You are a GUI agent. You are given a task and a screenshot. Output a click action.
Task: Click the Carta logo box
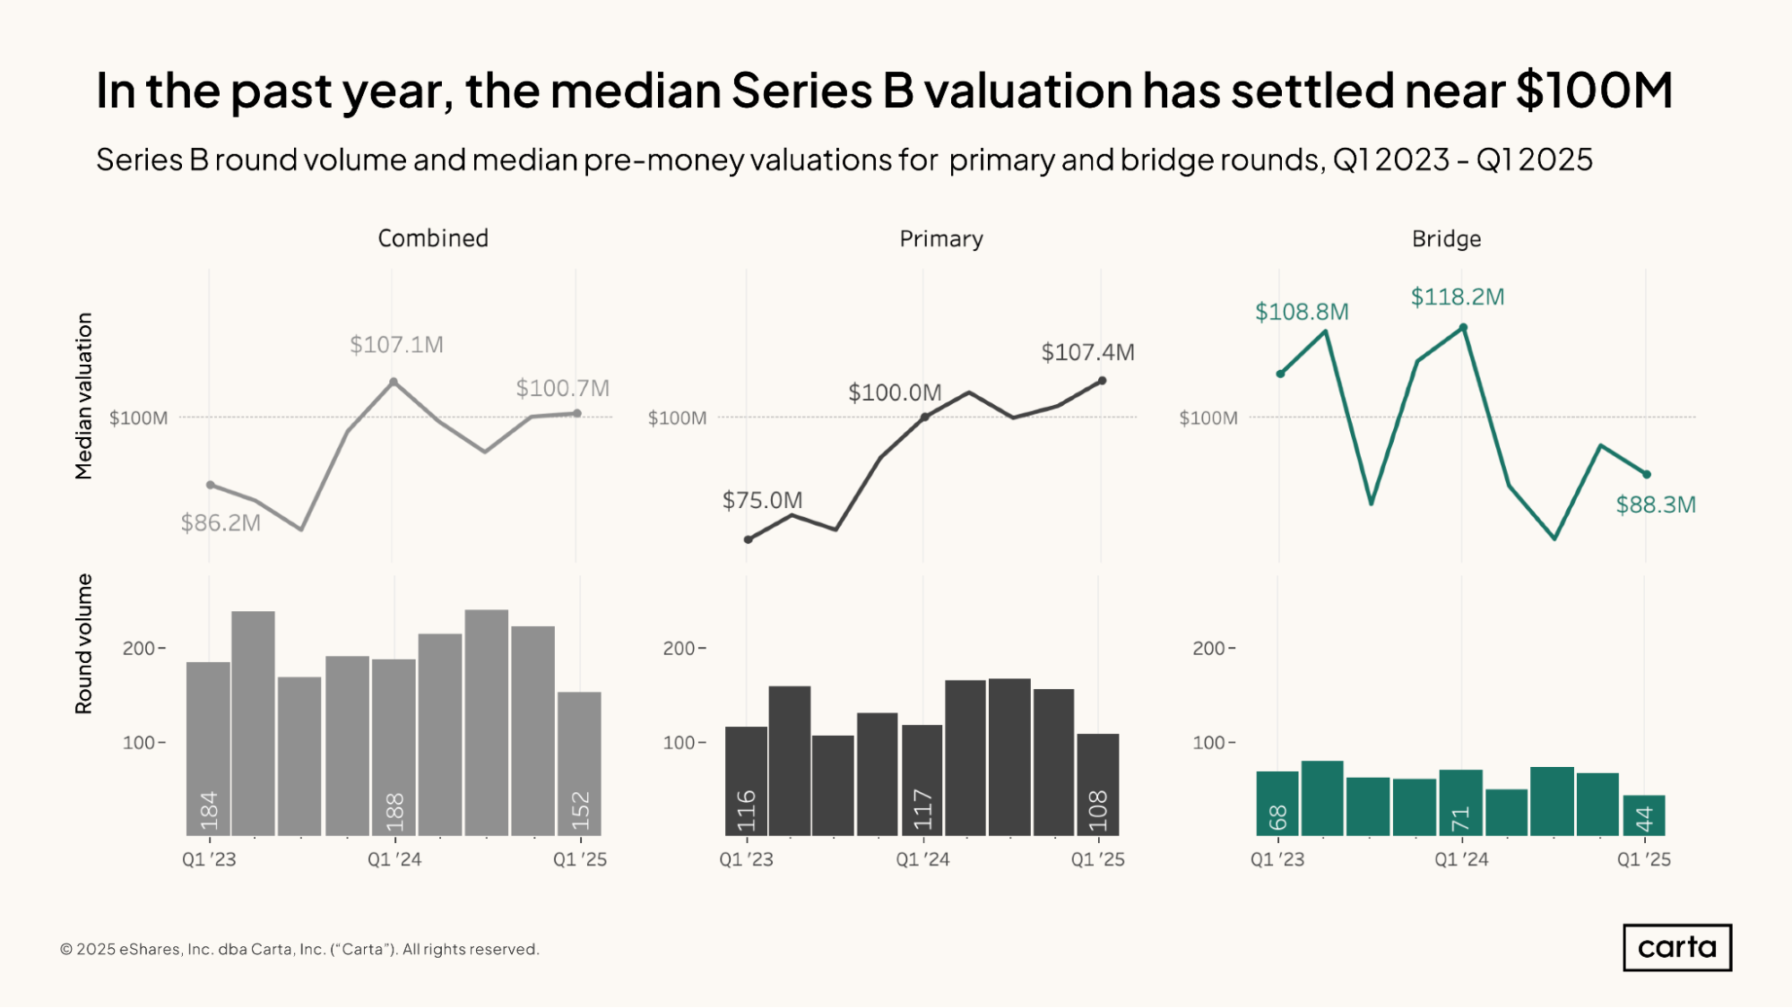pyautogui.click(x=1676, y=947)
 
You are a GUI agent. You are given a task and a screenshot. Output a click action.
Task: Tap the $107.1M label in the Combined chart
pyautogui.click(x=396, y=345)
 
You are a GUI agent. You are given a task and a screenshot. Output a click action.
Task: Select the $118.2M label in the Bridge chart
pyautogui.click(x=1457, y=297)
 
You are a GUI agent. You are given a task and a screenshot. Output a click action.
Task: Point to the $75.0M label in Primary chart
pyautogui.click(x=762, y=500)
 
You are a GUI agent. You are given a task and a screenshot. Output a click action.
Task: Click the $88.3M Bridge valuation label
pyautogui.click(x=1655, y=504)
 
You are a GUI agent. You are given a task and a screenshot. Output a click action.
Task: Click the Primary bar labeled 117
pyautogui.click(x=922, y=780)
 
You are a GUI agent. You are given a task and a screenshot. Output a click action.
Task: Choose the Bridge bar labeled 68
pyautogui.click(x=1277, y=804)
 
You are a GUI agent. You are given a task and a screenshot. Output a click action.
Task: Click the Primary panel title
pyautogui.click(x=941, y=238)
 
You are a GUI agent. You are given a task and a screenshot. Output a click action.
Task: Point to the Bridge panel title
pyautogui.click(x=1446, y=238)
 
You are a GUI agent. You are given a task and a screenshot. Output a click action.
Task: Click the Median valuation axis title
pyautogui.click(x=84, y=395)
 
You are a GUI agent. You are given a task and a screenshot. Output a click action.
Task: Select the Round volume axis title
pyautogui.click(x=84, y=643)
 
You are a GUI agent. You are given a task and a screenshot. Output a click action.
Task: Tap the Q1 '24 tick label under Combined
pyautogui.click(x=394, y=859)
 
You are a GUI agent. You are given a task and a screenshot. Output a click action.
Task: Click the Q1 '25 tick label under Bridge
pyautogui.click(x=1643, y=859)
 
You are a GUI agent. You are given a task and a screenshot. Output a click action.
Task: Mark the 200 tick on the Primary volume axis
pyautogui.click(x=679, y=648)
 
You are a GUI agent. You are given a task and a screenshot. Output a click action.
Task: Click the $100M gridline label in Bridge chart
pyautogui.click(x=1208, y=418)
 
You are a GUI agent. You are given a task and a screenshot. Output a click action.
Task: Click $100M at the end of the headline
pyautogui.click(x=1594, y=90)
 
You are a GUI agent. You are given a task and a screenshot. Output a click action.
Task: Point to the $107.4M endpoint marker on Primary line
pyautogui.click(x=1102, y=381)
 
